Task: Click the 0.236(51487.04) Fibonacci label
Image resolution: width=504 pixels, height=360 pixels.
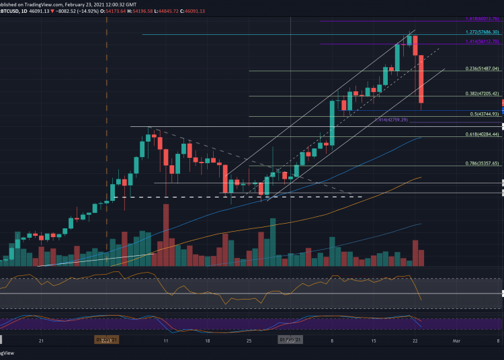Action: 482,69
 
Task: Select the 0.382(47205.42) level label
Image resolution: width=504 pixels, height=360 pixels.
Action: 482,94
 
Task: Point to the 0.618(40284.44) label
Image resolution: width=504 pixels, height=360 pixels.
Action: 482,134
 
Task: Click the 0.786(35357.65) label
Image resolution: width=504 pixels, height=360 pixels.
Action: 482,163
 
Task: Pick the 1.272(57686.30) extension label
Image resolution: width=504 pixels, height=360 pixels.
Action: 482,32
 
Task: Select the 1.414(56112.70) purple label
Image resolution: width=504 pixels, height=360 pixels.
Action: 482,42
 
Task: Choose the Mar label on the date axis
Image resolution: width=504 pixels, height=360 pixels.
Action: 457,341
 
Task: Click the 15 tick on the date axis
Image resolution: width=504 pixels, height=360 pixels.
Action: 373,341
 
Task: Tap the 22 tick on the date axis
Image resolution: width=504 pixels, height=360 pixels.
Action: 415,341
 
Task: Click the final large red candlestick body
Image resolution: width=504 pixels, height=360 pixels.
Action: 421,79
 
